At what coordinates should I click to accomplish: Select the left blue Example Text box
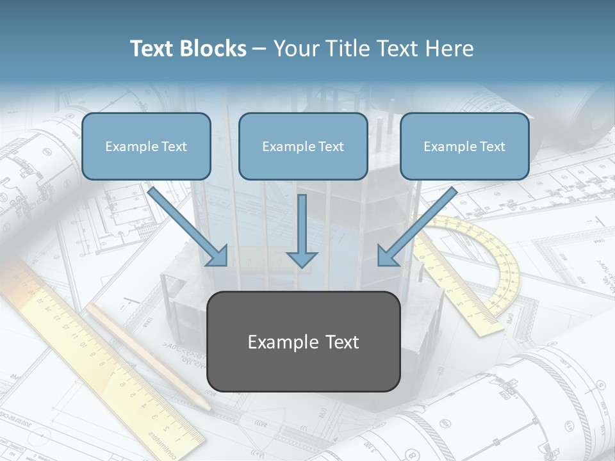(x=146, y=147)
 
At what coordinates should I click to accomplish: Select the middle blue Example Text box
(x=303, y=147)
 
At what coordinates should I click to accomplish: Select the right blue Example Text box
(x=464, y=147)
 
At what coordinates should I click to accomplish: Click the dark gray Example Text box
(x=303, y=341)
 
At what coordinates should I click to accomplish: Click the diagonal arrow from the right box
(x=419, y=225)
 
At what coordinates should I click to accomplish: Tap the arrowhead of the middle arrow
(x=302, y=259)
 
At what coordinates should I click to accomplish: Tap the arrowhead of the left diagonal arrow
(x=219, y=256)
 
